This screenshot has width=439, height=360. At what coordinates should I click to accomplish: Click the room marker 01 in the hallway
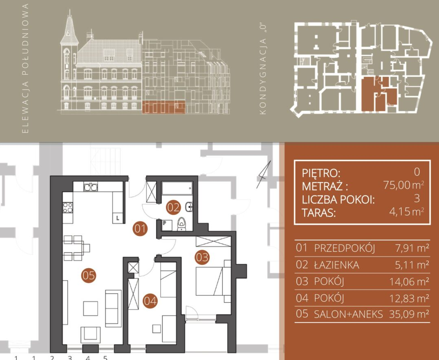(140, 229)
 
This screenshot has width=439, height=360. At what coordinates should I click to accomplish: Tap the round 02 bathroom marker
(173, 208)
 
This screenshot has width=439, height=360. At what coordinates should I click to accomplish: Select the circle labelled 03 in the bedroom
(202, 257)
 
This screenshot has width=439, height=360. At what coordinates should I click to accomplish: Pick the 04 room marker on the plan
(150, 301)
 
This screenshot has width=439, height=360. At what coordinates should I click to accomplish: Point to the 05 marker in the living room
(88, 275)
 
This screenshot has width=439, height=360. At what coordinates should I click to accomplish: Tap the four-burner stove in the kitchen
(68, 208)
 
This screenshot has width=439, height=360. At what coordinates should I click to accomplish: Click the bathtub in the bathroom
(177, 188)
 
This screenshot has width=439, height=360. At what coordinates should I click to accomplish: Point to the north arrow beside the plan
(264, 174)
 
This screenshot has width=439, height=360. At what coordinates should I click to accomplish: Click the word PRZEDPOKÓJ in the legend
(344, 248)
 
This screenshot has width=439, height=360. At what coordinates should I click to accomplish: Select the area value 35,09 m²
(409, 314)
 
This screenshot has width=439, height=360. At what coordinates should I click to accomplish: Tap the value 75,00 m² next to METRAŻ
(404, 185)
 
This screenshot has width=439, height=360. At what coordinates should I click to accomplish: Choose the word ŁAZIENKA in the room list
(336, 265)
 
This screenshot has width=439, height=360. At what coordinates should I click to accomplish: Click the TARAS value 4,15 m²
(407, 211)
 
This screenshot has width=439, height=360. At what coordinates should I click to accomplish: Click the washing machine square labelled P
(167, 225)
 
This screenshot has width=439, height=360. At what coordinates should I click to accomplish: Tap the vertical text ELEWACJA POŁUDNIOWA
(25, 69)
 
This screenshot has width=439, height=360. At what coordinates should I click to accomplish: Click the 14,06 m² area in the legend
(409, 281)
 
